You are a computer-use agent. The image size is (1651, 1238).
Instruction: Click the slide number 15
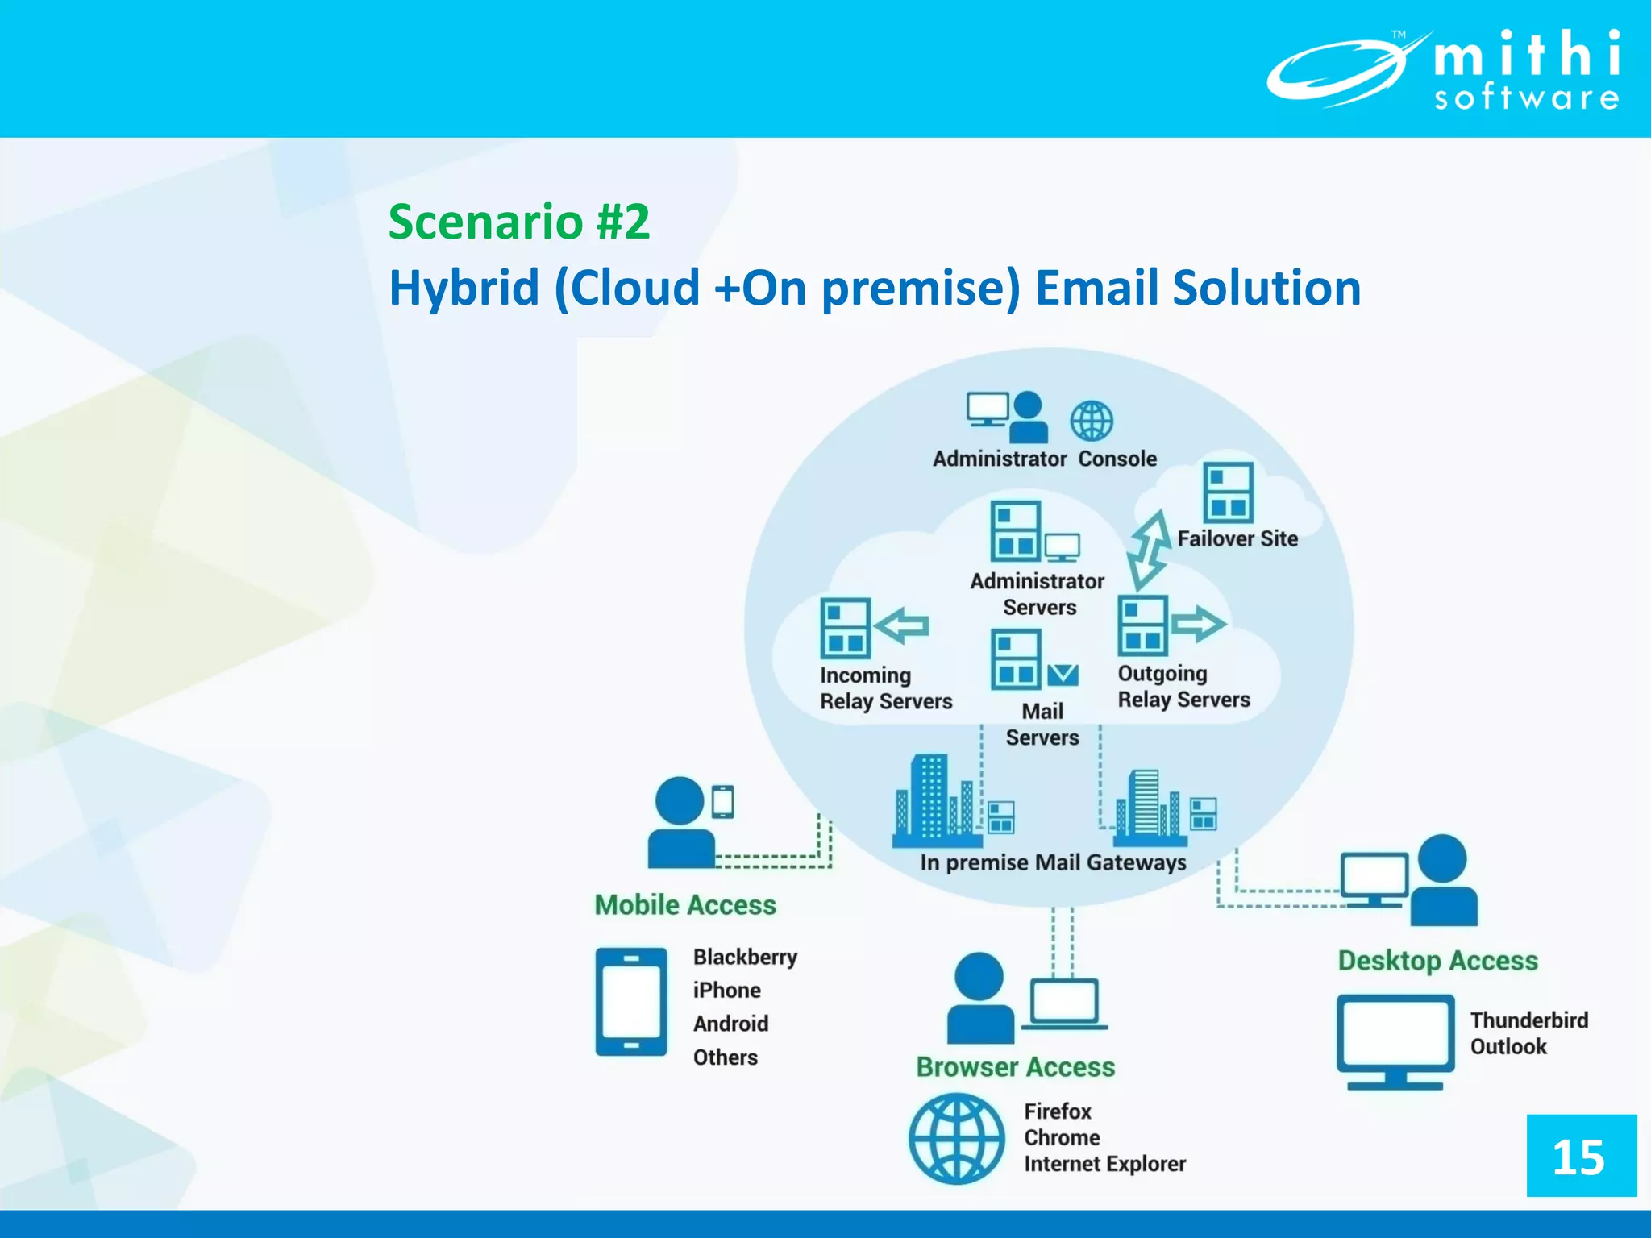1579,1157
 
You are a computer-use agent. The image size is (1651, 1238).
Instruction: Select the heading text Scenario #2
518,222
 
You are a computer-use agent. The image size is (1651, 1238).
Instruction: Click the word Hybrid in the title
464,288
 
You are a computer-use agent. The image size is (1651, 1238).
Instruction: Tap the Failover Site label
1237,538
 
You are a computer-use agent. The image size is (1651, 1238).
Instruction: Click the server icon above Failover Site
1228,492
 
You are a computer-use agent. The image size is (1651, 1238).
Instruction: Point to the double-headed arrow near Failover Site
1149,550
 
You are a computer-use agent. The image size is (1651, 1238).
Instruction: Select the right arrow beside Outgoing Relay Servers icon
1198,623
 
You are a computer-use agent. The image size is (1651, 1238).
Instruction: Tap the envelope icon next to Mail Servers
1063,674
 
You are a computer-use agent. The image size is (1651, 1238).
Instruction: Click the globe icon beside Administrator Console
1092,421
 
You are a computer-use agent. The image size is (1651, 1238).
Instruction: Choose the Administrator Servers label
1038,594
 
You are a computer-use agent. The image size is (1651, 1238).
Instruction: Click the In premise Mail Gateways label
1053,862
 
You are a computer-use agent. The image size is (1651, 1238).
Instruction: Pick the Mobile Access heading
685,905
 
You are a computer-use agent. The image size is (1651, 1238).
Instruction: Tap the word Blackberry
745,957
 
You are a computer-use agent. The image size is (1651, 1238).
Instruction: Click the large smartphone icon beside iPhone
631,1002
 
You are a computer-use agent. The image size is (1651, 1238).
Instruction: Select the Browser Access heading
1015,1067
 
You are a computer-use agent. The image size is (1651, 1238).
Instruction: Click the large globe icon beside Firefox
956,1138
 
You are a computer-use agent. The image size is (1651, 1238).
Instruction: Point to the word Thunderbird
1528,1020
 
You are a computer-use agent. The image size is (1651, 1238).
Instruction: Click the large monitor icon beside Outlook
1395,1041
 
